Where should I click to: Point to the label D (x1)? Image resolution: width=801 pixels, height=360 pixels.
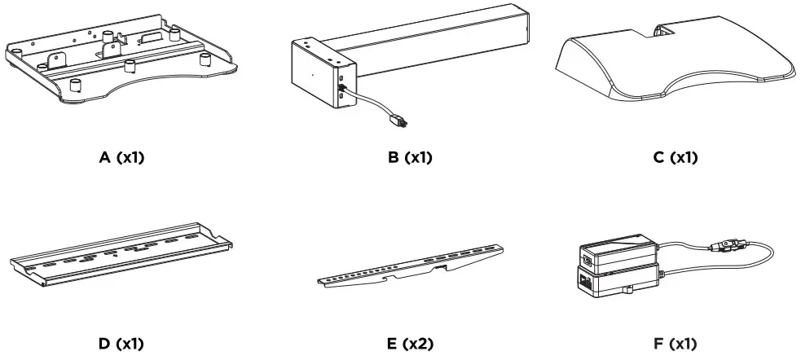pos(121,343)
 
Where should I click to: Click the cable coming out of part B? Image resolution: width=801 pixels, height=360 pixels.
pos(371,102)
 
